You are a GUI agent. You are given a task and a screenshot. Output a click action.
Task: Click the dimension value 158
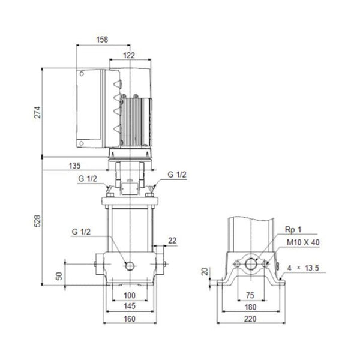coord(103,40)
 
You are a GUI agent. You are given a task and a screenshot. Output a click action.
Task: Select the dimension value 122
coord(128,55)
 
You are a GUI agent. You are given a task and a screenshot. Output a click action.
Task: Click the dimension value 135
coord(74,165)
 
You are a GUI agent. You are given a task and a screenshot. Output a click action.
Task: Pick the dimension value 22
coord(173,241)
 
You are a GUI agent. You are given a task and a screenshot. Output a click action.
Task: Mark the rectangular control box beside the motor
coord(92,109)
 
